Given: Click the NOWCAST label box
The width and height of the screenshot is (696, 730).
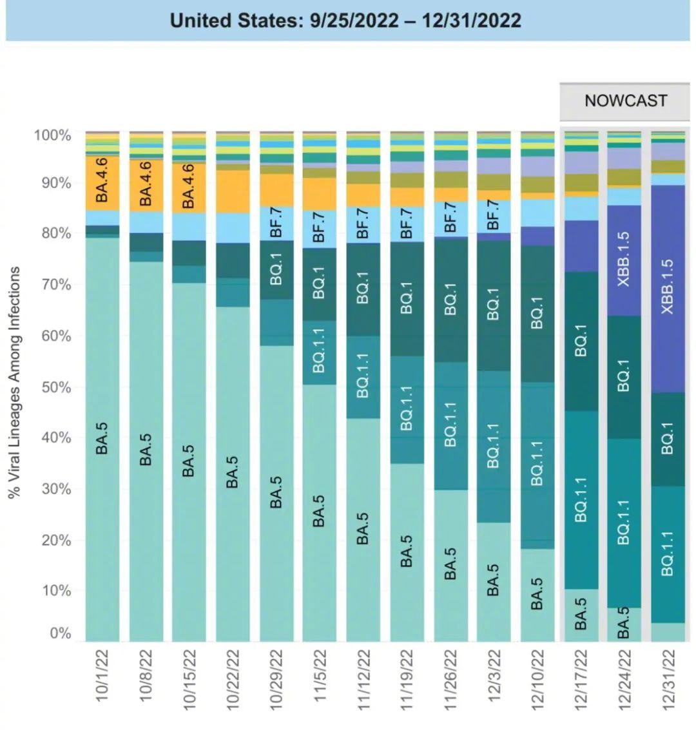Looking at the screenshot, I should pos(625,101).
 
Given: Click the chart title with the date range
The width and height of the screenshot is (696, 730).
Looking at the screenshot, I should pos(345,21).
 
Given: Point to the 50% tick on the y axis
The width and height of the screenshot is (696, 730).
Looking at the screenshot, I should pos(52,387).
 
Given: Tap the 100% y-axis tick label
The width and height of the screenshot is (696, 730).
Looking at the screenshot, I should pos(52,135).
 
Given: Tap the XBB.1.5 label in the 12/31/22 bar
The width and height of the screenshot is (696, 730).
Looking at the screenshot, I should pos(668,287).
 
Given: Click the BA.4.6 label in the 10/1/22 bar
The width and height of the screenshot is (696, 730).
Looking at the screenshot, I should pos(102,182).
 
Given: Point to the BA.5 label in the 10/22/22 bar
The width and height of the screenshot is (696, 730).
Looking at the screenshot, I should pos(233,472).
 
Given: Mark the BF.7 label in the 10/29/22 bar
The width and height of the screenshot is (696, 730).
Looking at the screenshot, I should pos(276,224).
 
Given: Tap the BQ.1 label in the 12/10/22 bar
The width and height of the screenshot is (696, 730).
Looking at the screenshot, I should pos(537,312).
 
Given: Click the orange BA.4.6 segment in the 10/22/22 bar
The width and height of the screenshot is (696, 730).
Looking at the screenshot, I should pos(233,191).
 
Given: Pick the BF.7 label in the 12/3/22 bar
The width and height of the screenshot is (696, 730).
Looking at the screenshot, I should pos(494,215).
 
